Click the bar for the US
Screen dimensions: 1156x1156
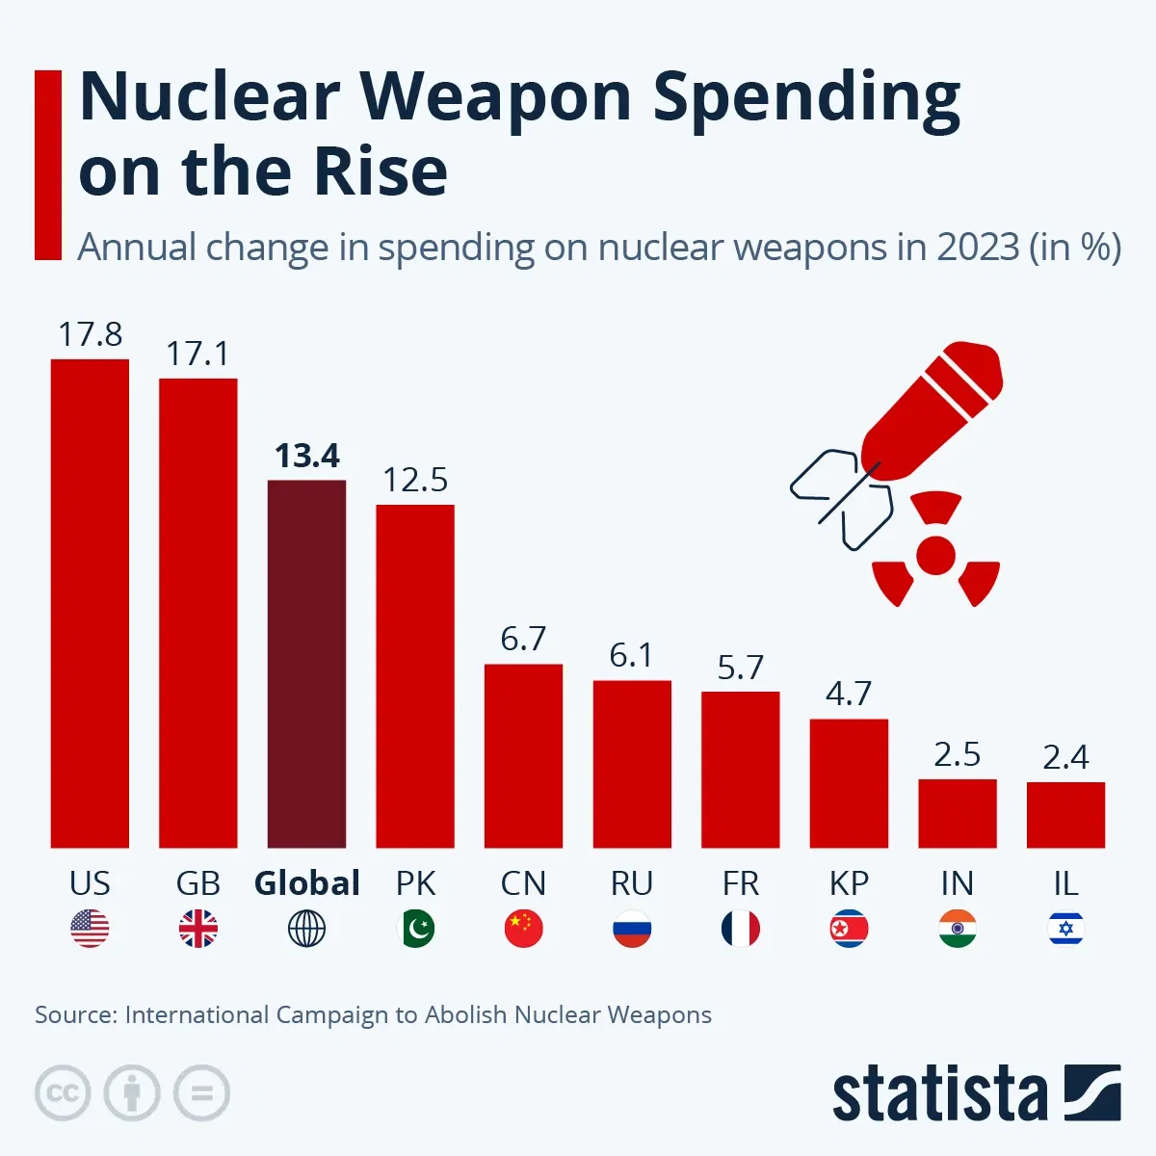pyautogui.click(x=90, y=603)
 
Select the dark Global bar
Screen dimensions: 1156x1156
pyautogui.click(x=306, y=664)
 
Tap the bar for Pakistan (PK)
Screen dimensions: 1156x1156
pyautogui.click(x=415, y=676)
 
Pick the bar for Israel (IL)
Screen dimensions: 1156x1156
pyautogui.click(x=1065, y=815)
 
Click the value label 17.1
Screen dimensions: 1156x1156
pyautogui.click(x=197, y=354)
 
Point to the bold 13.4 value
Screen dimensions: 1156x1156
pyautogui.click(x=307, y=456)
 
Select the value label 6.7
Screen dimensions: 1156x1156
pyautogui.click(x=523, y=639)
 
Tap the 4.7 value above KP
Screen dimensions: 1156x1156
pyautogui.click(x=849, y=694)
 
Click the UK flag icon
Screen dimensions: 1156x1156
pyautogui.click(x=198, y=929)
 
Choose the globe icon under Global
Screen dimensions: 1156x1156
pyautogui.click(x=306, y=929)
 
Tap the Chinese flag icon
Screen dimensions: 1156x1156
pyautogui.click(x=523, y=929)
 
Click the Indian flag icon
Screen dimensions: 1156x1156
pyautogui.click(x=957, y=929)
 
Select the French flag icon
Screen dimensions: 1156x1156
pyautogui.click(x=740, y=929)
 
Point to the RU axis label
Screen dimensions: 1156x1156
pyautogui.click(x=632, y=883)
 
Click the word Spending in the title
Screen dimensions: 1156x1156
pyautogui.click(x=806, y=99)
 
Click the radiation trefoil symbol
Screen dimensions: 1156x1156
pyautogui.click(x=935, y=554)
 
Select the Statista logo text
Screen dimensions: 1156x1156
pyautogui.click(x=939, y=1095)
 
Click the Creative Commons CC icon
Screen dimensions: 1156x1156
pyautogui.click(x=63, y=1093)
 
